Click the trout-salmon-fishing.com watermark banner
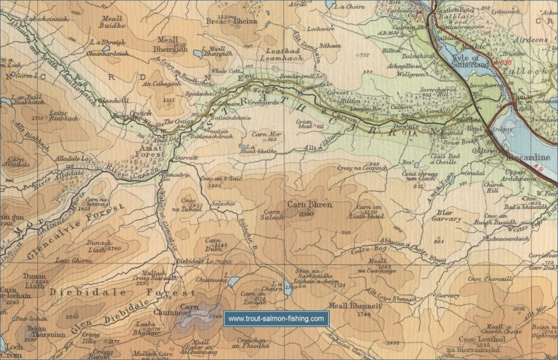[x=276, y=318]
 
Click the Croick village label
[x=142, y=113]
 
